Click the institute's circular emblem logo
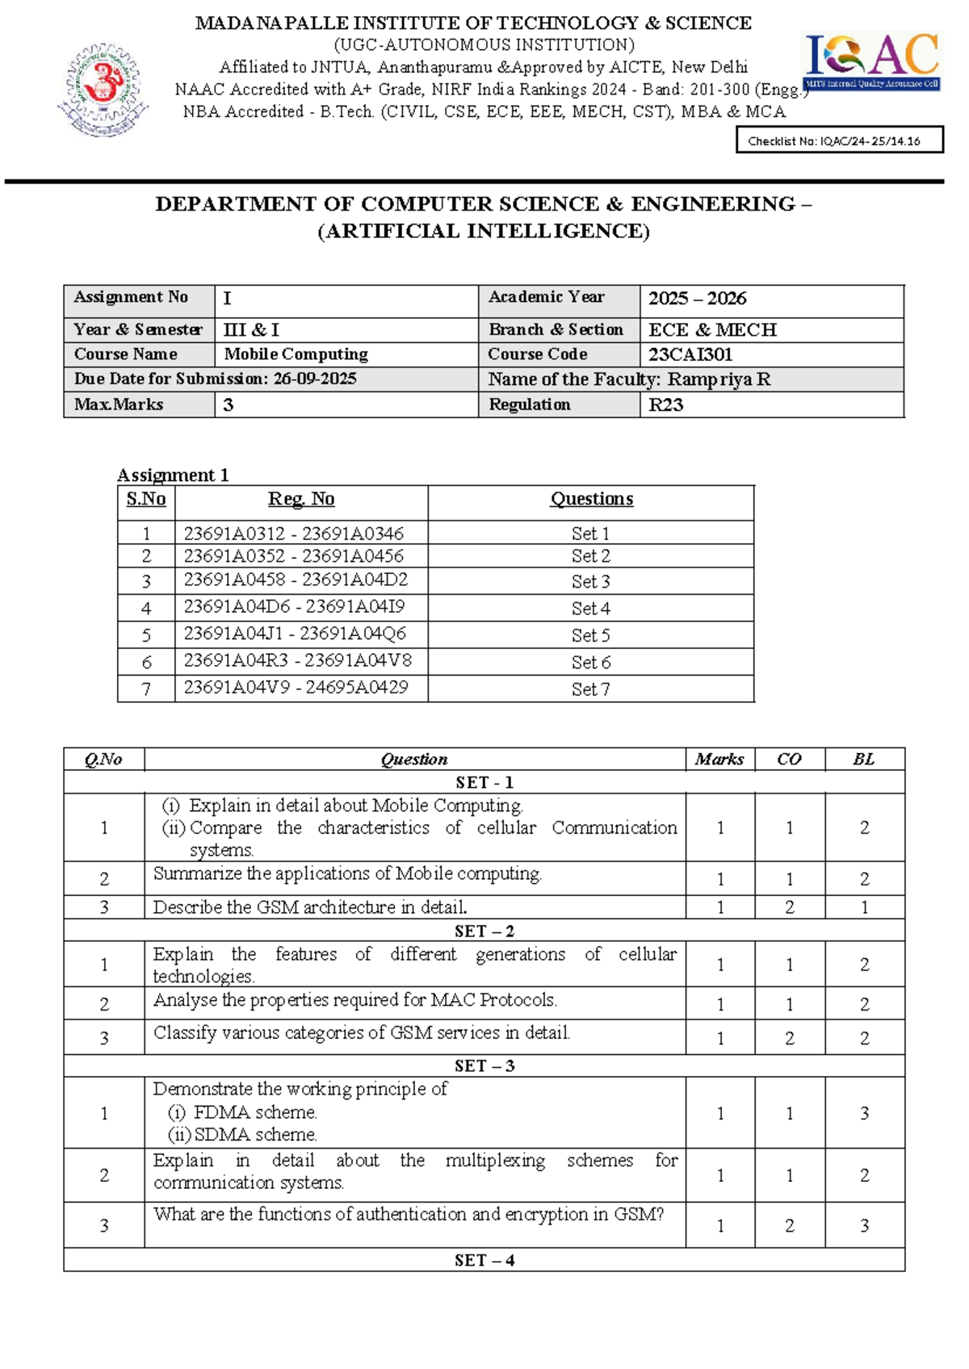(x=103, y=90)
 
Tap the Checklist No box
(x=839, y=140)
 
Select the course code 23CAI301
(x=690, y=354)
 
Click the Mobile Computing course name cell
(x=296, y=354)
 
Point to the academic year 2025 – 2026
(x=697, y=299)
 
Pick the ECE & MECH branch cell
(x=712, y=329)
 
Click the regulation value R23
(x=666, y=404)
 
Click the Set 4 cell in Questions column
(x=590, y=608)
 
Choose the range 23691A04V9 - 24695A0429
(x=296, y=687)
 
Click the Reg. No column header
(x=301, y=499)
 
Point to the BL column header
(x=863, y=759)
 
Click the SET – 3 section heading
(x=484, y=1065)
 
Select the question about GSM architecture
(x=310, y=907)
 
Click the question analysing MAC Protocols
(x=354, y=1000)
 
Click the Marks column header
(x=719, y=759)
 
